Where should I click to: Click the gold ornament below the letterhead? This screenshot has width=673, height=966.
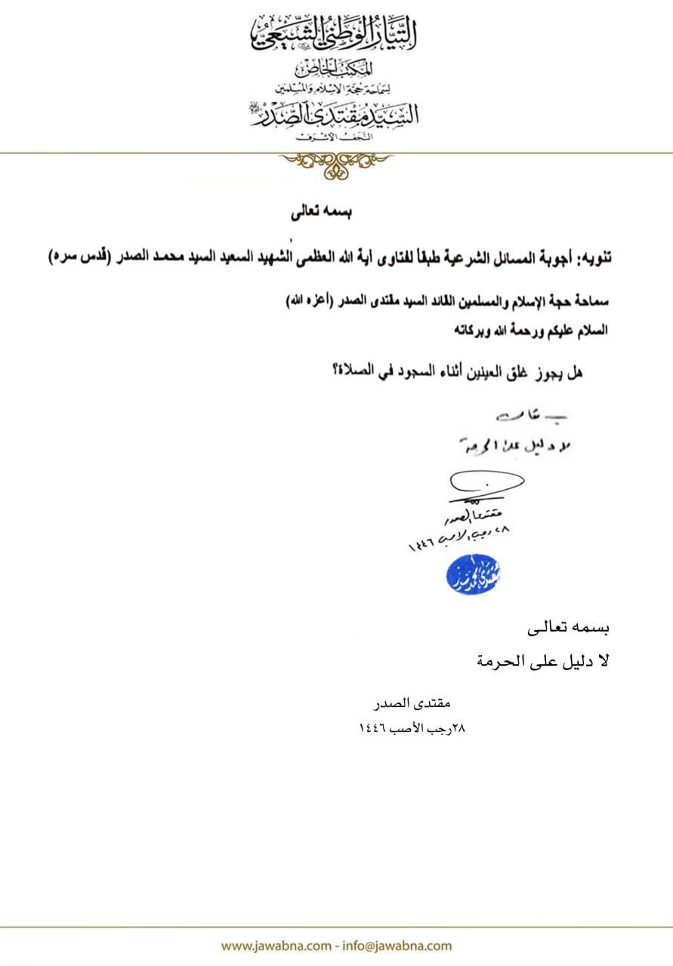(336, 164)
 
